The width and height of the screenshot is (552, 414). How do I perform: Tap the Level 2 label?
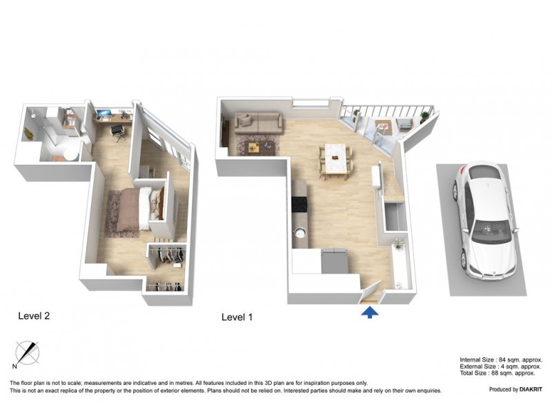34,316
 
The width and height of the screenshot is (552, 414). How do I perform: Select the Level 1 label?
238,317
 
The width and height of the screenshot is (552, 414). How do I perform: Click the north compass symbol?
26,354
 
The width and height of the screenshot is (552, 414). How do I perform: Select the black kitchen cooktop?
299,204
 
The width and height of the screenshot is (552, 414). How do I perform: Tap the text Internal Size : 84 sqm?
500,360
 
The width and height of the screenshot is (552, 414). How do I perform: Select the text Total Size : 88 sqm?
500,373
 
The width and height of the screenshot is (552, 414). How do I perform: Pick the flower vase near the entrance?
397,244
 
